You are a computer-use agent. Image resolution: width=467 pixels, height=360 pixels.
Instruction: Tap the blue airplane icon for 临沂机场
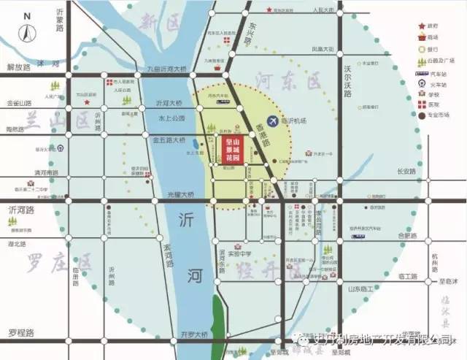[x=272, y=120]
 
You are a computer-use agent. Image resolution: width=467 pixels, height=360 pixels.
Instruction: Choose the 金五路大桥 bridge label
[x=171, y=138]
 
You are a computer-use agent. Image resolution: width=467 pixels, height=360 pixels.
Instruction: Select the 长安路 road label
[x=406, y=172]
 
